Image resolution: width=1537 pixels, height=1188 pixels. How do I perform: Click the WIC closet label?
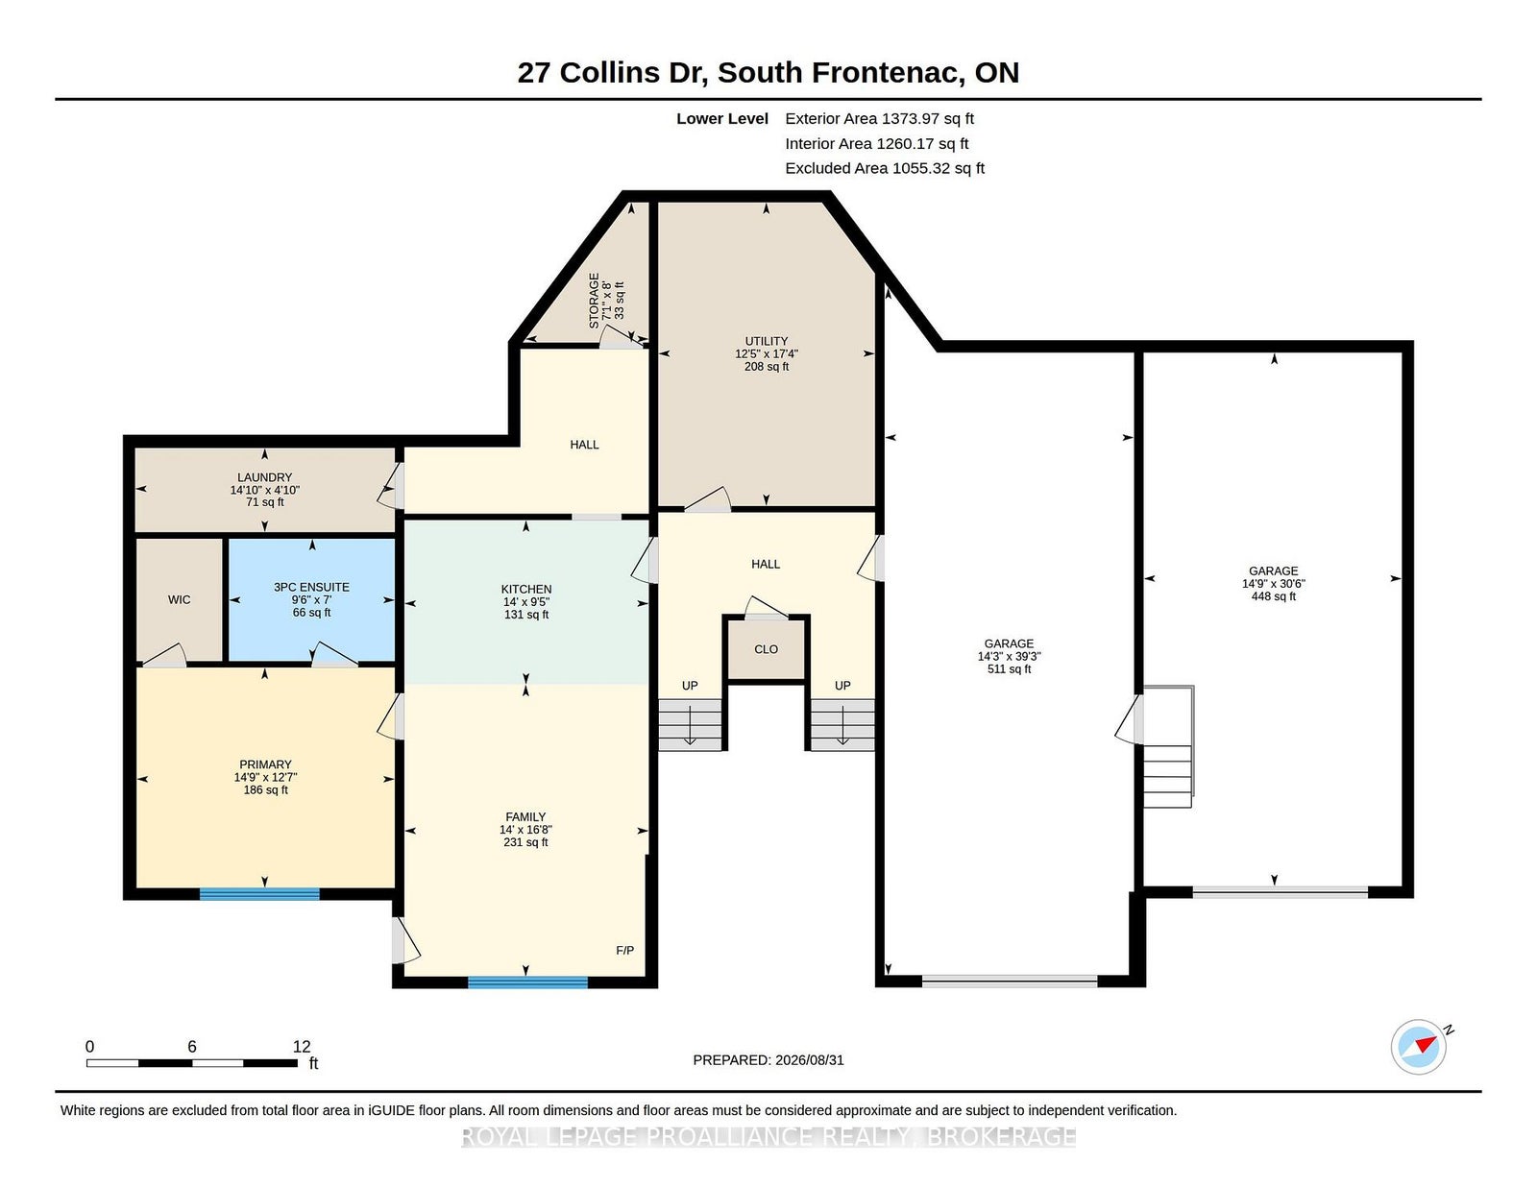[179, 599]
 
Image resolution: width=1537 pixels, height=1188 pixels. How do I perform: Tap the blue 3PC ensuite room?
[311, 599]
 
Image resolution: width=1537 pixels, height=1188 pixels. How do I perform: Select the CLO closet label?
[766, 649]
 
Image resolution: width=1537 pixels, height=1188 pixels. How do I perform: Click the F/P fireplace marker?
[624, 951]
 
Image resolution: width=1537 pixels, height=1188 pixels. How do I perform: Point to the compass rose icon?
[1418, 1047]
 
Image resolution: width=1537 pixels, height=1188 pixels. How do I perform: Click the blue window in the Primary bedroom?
[259, 894]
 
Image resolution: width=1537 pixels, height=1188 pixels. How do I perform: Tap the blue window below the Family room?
[527, 982]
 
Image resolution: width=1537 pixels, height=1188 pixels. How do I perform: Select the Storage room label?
[594, 301]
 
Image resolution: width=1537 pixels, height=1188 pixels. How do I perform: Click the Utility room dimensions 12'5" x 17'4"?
[766, 353]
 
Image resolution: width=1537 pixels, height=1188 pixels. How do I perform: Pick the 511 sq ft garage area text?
[1010, 669]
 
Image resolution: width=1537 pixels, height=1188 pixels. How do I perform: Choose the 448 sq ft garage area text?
[1273, 596]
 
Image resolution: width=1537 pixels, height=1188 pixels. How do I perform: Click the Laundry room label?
[264, 477]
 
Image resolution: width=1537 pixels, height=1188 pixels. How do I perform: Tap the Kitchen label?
[526, 589]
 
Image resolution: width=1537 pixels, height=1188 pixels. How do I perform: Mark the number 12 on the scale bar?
[302, 1047]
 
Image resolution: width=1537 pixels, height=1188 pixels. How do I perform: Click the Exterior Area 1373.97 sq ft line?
[879, 119]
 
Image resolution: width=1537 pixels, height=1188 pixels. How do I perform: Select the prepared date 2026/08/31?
[809, 1060]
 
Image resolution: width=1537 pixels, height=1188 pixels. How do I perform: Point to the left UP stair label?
[690, 685]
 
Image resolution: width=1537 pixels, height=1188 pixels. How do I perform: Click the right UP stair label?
[842, 685]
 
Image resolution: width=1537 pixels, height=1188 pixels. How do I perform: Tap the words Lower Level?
[722, 119]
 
